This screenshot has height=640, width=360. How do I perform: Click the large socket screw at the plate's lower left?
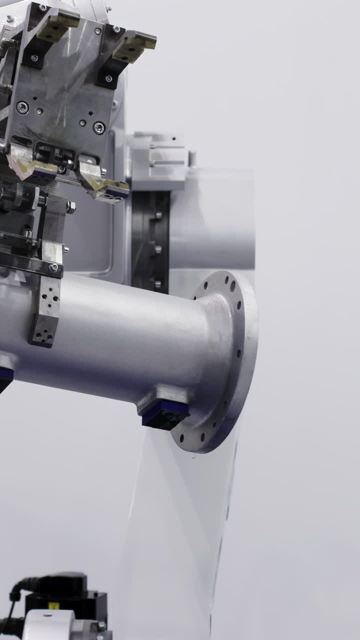pyautogui.click(x=21, y=107)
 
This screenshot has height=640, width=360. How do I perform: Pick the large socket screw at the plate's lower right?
pyautogui.click(x=98, y=127)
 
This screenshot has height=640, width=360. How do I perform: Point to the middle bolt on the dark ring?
pyautogui.click(x=157, y=248)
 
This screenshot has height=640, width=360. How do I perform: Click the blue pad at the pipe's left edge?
pyautogui.click(x=4, y=377)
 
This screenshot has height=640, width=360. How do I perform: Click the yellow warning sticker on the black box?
pyautogui.click(x=54, y=605)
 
